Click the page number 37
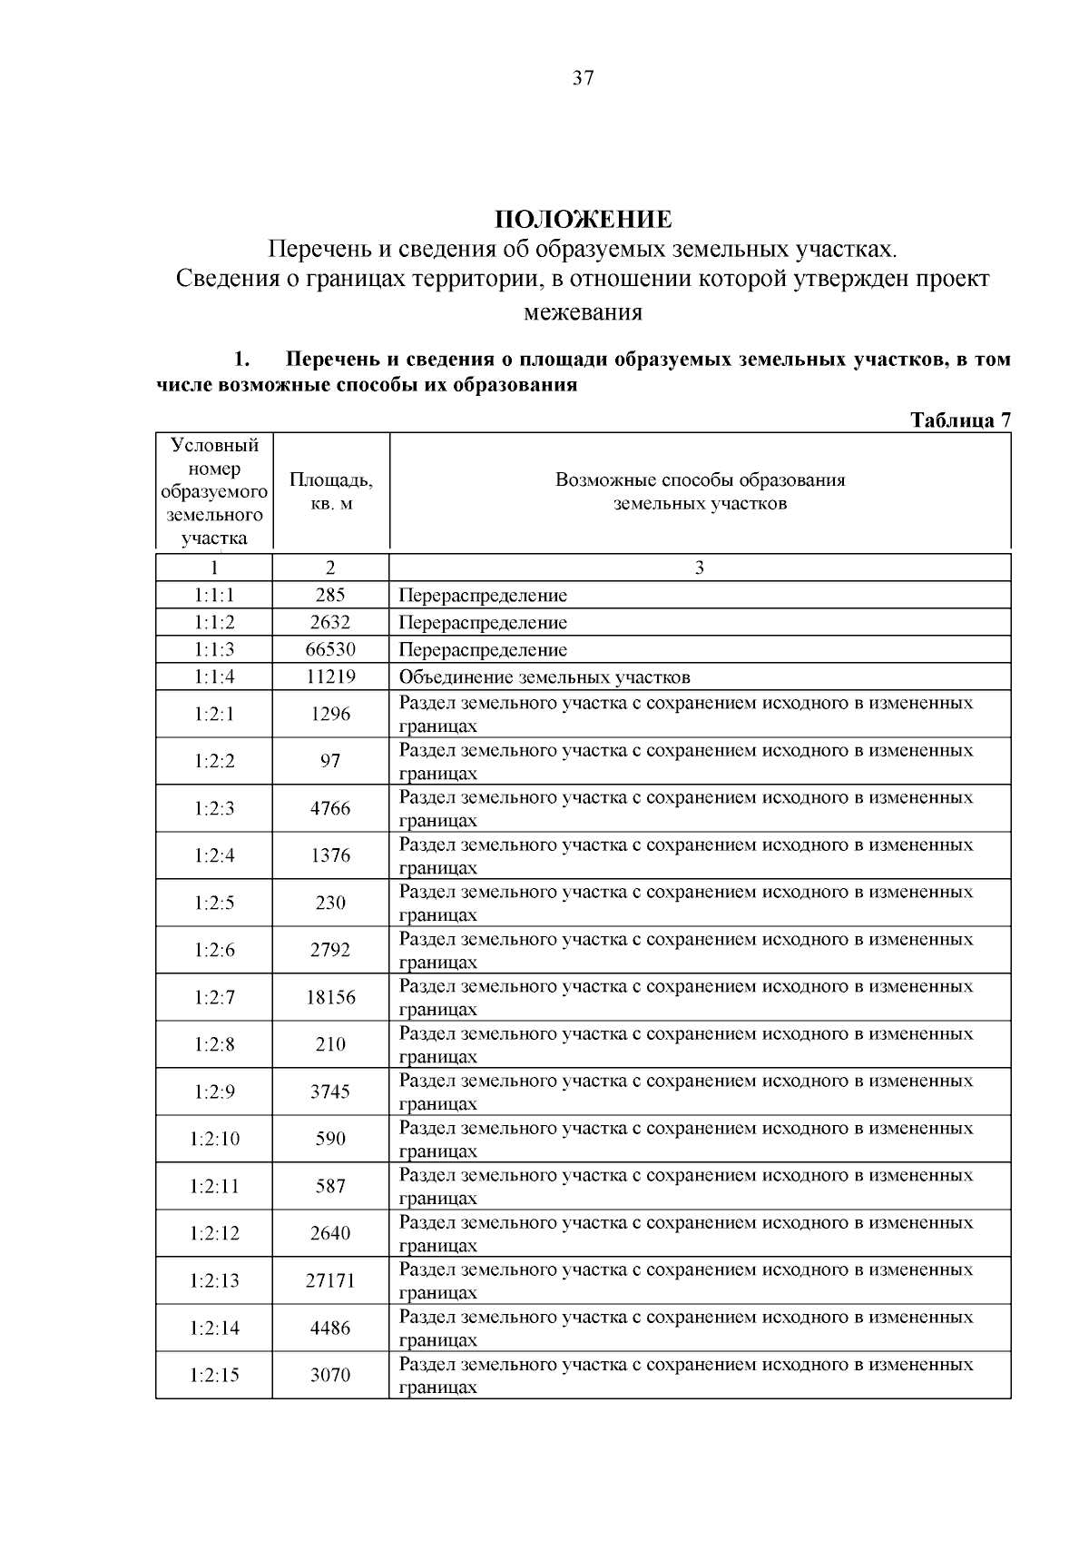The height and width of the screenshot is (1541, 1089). (583, 78)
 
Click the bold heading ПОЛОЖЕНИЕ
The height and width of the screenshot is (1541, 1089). (583, 220)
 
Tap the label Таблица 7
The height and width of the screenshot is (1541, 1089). (959, 420)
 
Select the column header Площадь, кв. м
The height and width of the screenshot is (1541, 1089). (330, 491)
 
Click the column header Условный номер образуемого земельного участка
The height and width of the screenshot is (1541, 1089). (214, 491)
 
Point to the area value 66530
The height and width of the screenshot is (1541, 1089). (330, 650)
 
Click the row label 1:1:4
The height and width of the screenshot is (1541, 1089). (214, 677)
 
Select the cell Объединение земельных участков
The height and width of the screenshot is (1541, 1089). (544, 677)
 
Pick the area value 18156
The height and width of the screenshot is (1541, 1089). (330, 997)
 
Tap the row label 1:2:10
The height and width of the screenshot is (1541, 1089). (214, 1139)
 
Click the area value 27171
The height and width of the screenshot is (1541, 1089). (330, 1280)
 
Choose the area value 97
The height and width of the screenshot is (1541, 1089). (330, 761)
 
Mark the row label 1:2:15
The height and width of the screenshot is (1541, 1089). (214, 1375)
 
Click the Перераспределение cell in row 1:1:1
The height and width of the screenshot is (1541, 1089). (483, 596)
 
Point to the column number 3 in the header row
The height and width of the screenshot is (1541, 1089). (699, 568)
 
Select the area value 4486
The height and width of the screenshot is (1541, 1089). (330, 1328)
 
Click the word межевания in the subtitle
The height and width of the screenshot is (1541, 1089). (583, 313)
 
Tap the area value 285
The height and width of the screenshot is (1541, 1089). (330, 596)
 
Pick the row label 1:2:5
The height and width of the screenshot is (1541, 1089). (214, 903)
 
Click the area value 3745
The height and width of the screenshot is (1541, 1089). (330, 1092)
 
